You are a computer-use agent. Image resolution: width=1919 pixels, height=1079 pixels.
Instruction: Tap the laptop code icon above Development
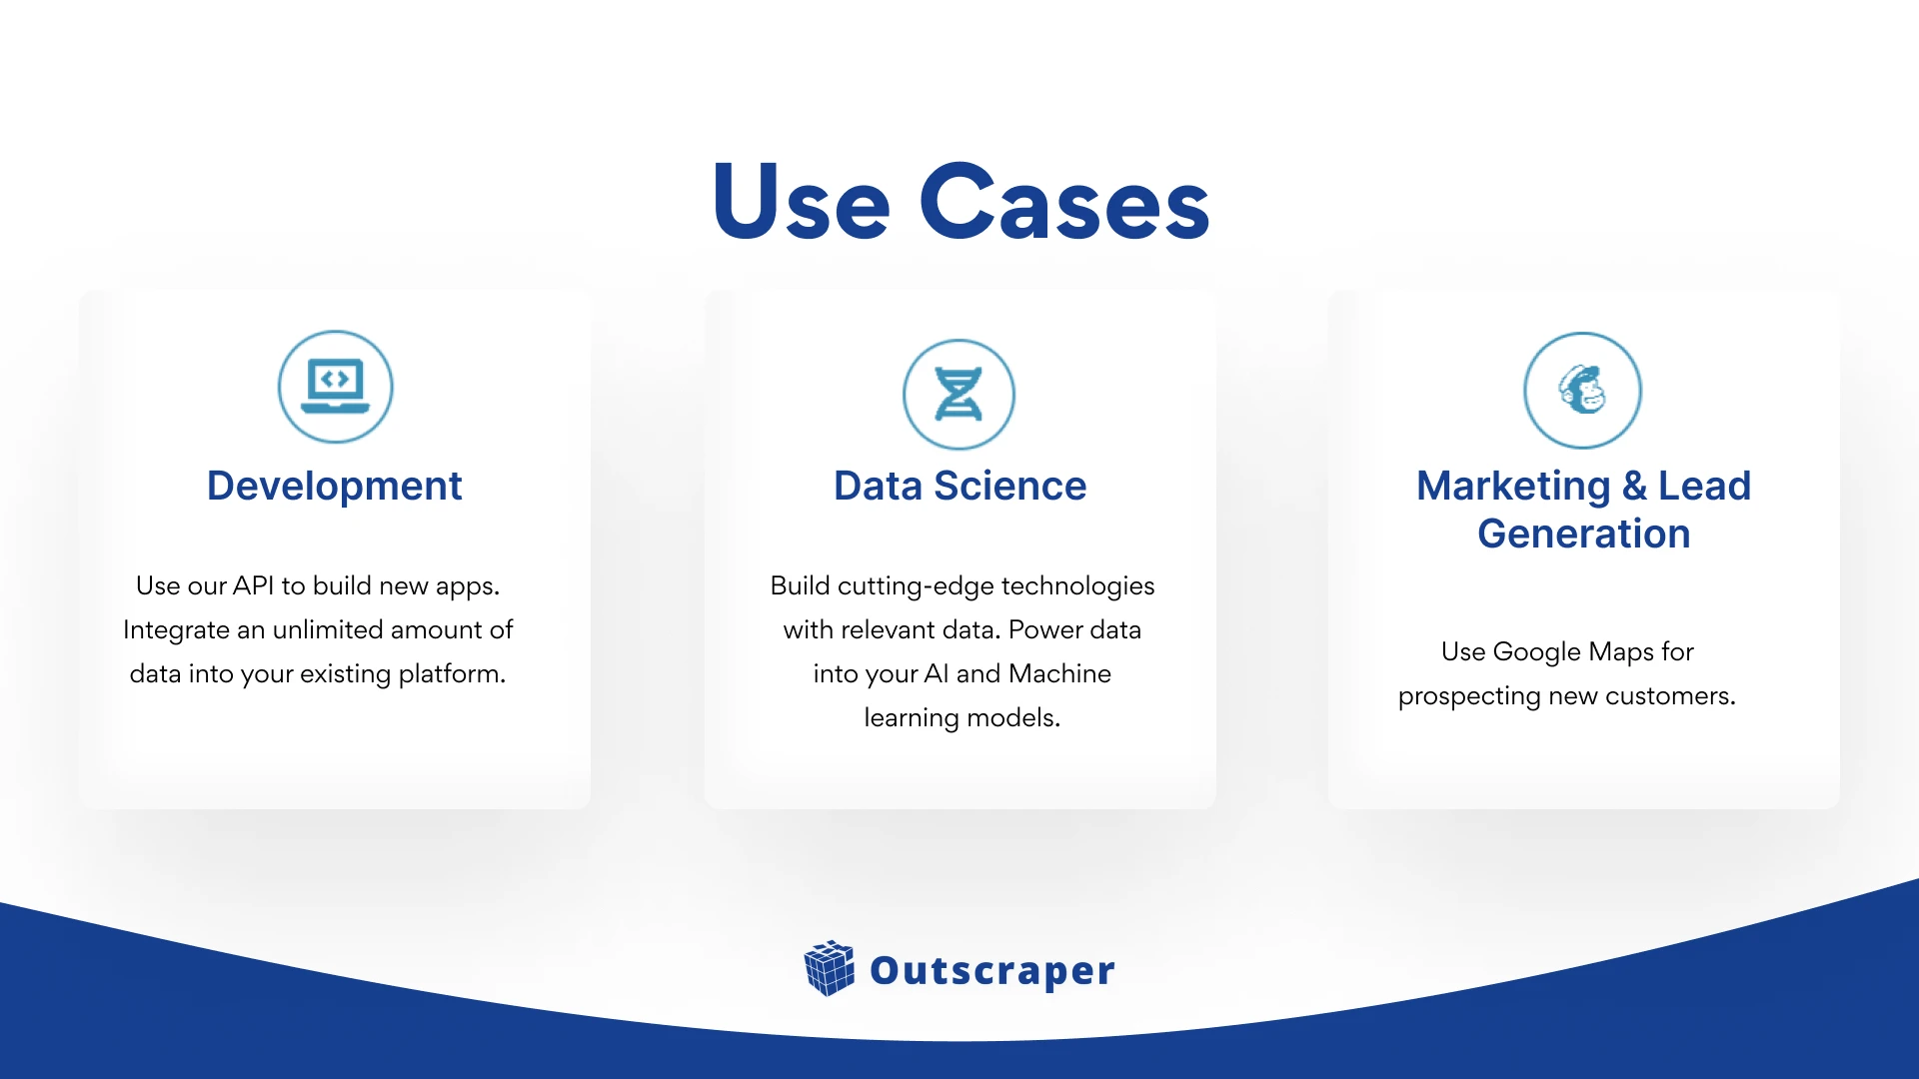[x=336, y=387]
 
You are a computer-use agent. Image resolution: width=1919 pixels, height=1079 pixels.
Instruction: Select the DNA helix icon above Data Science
[x=959, y=395]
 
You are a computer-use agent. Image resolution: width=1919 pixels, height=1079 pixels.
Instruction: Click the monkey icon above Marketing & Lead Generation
[x=1583, y=390]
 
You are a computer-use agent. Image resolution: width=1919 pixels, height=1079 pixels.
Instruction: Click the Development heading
[x=334, y=486]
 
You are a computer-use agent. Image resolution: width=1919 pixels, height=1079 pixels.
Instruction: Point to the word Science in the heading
[x=1009, y=486]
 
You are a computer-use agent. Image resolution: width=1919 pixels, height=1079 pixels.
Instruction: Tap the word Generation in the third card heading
[x=1584, y=534]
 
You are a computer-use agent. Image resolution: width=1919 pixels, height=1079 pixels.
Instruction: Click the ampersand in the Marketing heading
[x=1634, y=486]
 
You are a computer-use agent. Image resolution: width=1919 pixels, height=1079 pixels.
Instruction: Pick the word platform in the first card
[x=452, y=674]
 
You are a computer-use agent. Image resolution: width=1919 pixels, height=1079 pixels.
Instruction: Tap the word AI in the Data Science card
[x=937, y=673]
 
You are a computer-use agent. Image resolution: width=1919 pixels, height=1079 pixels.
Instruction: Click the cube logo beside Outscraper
[x=830, y=968]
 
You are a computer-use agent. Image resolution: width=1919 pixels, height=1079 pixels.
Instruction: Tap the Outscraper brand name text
[x=992, y=970]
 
